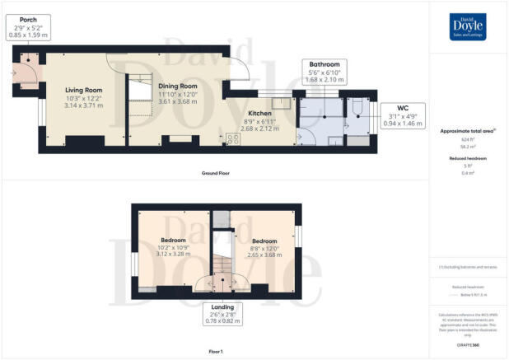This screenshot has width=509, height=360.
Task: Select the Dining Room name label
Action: pyautogui.click(x=178, y=86)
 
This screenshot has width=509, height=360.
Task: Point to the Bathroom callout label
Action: pyautogui.click(x=324, y=64)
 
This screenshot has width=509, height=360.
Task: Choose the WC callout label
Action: pyautogui.click(x=403, y=107)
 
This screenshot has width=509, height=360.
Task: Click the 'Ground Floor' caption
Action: pyautogui.click(x=215, y=173)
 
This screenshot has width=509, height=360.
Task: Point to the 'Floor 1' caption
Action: pyautogui.click(x=215, y=351)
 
